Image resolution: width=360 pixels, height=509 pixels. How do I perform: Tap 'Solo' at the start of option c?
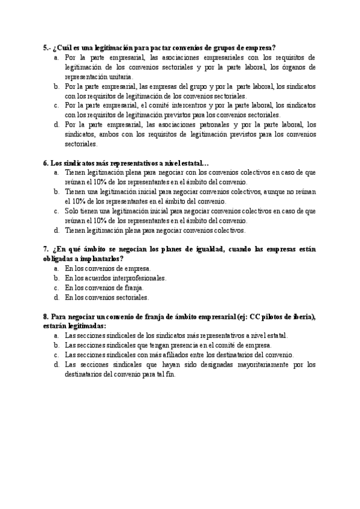(72, 211)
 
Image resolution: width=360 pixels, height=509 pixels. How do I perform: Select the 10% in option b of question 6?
(79, 202)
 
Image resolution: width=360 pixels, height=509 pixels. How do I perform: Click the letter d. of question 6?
(56, 230)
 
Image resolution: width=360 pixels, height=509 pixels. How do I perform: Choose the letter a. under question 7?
(56, 269)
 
